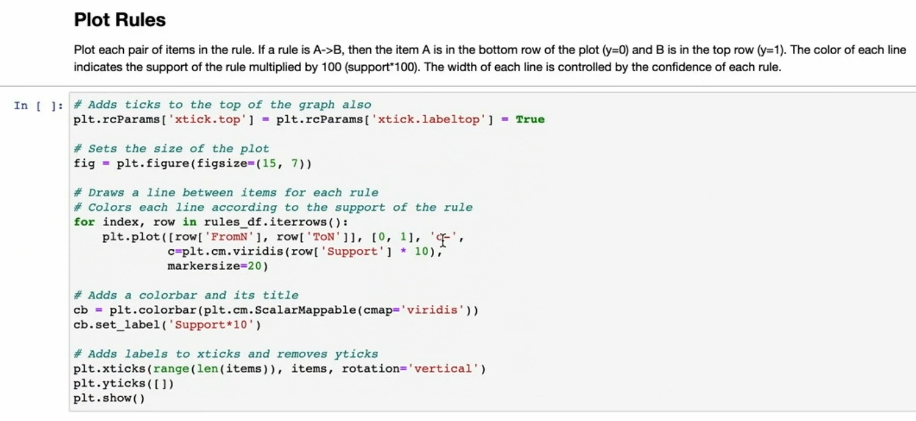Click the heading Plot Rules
(x=120, y=20)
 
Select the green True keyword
(x=530, y=119)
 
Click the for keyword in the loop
(x=84, y=222)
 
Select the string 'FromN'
(x=230, y=237)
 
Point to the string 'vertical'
(x=444, y=369)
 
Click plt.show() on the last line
(x=109, y=398)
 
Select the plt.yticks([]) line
(x=124, y=383)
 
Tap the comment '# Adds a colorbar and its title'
(x=186, y=295)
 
